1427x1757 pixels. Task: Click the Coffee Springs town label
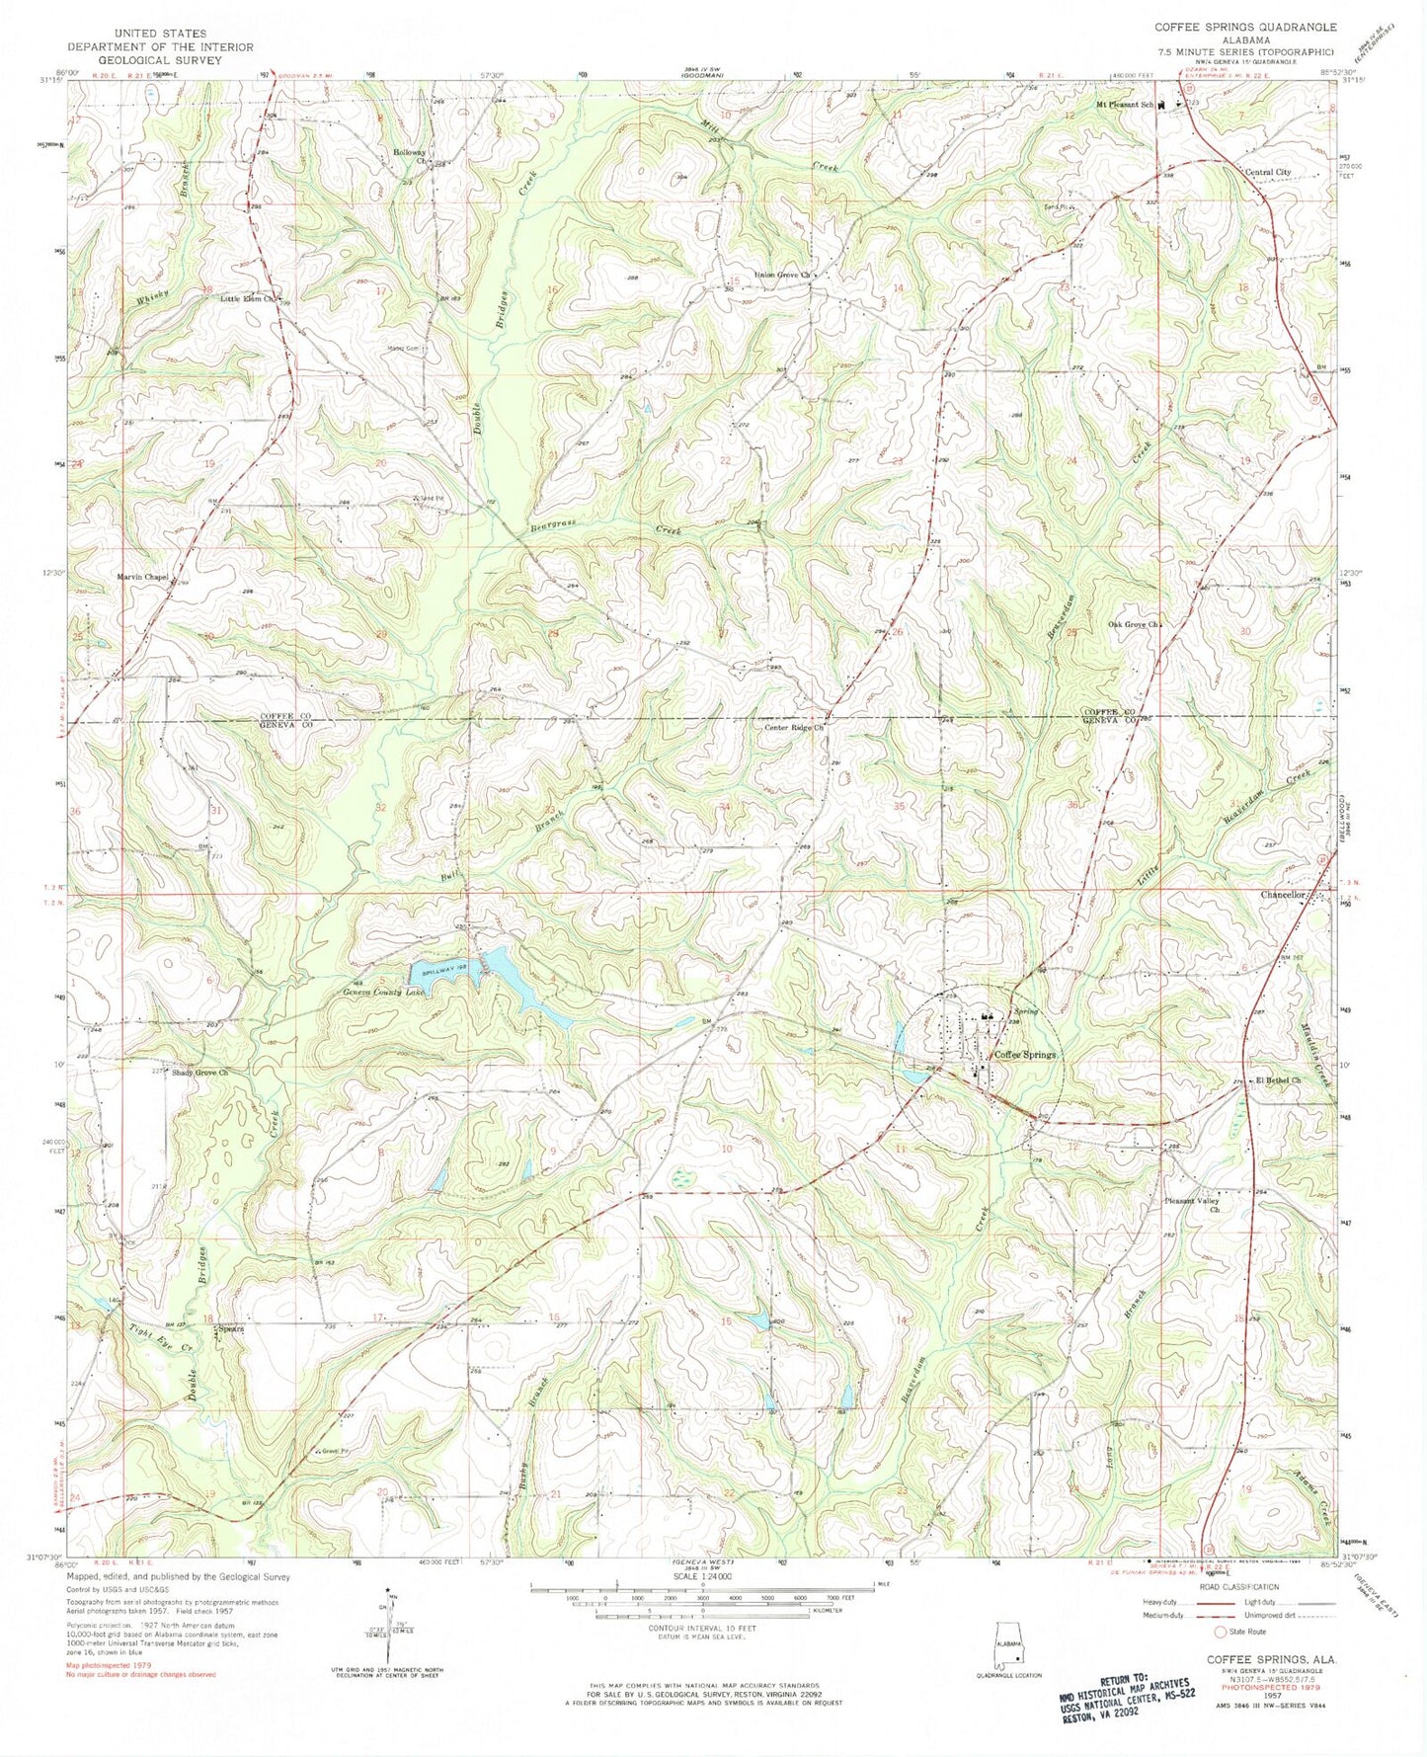click(1025, 1055)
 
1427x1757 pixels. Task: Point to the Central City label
click(1267, 172)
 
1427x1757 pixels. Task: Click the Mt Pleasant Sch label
click(1124, 104)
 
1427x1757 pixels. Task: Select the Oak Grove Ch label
click(1132, 624)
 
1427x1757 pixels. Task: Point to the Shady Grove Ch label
click(200, 1072)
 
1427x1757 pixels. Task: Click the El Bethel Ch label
click(1278, 1080)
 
